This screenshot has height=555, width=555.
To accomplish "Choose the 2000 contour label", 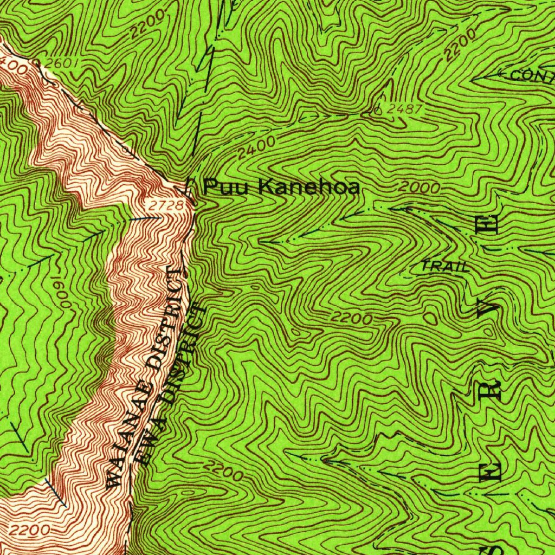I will pyautogui.click(x=418, y=188).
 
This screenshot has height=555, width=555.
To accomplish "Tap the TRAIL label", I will pyautogui.click(x=445, y=266).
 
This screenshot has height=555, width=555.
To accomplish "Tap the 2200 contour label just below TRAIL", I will pyautogui.click(x=352, y=318).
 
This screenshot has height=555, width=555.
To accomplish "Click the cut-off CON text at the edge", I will pyautogui.click(x=532, y=76).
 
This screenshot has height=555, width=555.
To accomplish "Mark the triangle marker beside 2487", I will pyautogui.click(x=378, y=111).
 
